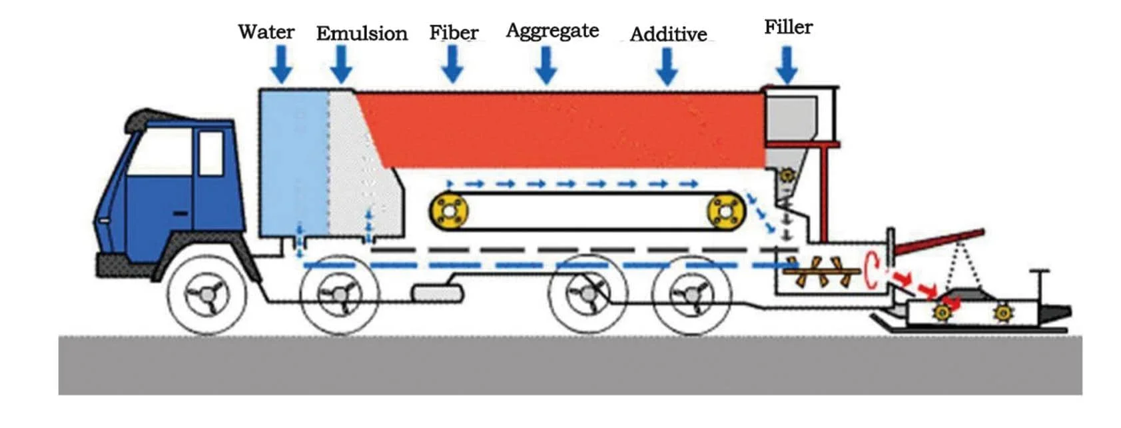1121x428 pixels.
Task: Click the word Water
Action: [x=266, y=31]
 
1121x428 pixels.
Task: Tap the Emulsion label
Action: [x=362, y=33]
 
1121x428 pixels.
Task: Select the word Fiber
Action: [x=454, y=33]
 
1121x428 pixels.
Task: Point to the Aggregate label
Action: [x=552, y=31]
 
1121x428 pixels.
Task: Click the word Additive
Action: [x=668, y=34]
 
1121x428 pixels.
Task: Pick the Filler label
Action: [x=788, y=27]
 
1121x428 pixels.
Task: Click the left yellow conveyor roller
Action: [x=449, y=211]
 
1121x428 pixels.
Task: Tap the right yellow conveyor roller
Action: [x=725, y=211]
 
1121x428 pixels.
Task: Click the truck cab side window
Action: [x=211, y=153]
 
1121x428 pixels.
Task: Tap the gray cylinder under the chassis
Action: [x=438, y=293]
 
